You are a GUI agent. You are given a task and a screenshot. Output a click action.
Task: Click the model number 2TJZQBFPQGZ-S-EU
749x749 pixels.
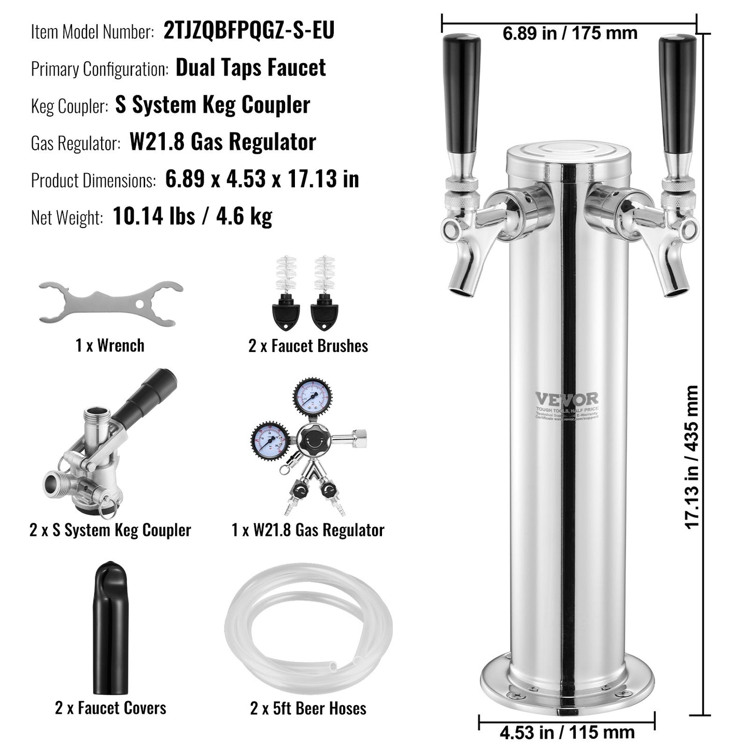pos(249,31)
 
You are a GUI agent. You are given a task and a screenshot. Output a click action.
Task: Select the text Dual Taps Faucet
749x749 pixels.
pos(251,68)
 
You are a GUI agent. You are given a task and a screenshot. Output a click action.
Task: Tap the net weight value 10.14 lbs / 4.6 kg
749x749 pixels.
pos(192,216)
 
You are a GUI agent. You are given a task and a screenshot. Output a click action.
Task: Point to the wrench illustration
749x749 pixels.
pos(111,303)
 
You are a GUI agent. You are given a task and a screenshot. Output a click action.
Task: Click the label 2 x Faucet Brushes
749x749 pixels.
pos(308,346)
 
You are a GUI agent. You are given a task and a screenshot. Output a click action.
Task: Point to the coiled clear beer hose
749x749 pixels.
pos(308,627)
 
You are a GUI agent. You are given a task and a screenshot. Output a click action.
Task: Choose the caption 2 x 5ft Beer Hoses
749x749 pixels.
pos(308,708)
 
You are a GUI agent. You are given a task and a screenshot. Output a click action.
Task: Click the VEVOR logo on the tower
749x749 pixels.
pos(567,400)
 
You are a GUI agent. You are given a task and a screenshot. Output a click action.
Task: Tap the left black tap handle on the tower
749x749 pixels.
pos(461,93)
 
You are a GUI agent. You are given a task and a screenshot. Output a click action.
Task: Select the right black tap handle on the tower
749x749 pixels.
pos(677,93)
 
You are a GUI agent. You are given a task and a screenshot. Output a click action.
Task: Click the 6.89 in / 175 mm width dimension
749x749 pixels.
pos(570,34)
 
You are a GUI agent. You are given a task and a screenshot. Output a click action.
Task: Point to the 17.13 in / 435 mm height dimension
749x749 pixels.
pos(693,456)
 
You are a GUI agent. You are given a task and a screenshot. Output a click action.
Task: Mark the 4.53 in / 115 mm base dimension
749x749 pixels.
pos(567,732)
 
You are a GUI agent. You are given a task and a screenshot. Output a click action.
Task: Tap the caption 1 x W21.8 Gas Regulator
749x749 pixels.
pos(308,530)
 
